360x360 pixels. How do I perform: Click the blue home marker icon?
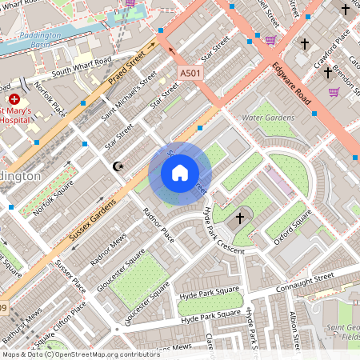(180, 173)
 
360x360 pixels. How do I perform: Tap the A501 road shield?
(189, 73)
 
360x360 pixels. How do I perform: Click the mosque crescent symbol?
(118, 166)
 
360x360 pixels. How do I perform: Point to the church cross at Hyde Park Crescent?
(239, 218)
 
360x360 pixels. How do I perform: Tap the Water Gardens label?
(268, 118)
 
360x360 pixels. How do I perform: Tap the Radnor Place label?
(158, 225)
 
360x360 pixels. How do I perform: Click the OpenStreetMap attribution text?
(80, 354)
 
